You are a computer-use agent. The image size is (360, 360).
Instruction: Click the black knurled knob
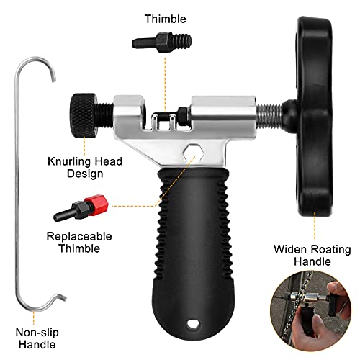[83, 116]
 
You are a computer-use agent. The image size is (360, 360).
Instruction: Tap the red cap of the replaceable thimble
[97, 204]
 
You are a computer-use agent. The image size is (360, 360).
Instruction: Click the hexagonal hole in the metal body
[193, 153]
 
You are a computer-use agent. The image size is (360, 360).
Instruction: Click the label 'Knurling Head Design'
[85, 167]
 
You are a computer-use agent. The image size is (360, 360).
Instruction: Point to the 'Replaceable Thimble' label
[79, 242]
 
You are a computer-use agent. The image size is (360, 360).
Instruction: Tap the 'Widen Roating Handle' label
[312, 255]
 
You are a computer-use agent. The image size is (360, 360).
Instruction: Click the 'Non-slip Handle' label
[37, 338]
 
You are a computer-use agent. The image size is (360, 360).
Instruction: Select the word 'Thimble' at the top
[166, 19]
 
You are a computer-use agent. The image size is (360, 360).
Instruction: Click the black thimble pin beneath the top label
[162, 42]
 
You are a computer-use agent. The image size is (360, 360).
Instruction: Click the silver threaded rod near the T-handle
[269, 116]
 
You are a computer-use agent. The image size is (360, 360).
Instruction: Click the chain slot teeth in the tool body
[163, 122]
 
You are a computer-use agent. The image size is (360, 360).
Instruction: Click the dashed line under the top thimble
[165, 84]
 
